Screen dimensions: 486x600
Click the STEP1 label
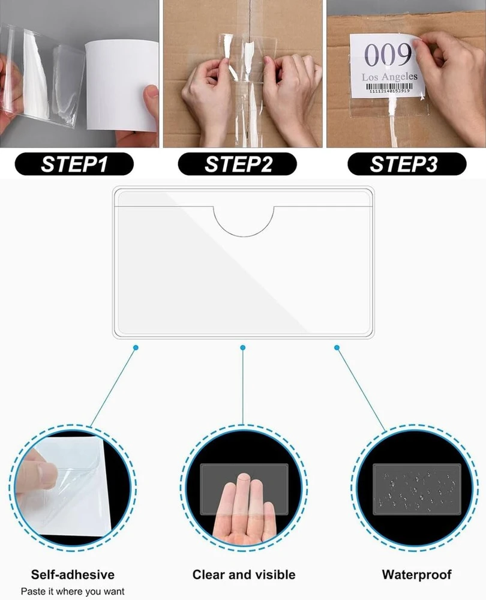[x=74, y=164]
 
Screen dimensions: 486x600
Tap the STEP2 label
[x=238, y=164]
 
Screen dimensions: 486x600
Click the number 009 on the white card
[x=387, y=55]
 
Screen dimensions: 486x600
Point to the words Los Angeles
[x=389, y=77]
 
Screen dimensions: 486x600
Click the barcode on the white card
[x=389, y=88]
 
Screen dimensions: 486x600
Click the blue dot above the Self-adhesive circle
[x=136, y=347]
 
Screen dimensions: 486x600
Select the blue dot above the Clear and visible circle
[x=242, y=347]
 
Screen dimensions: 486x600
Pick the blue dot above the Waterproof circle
[x=337, y=347]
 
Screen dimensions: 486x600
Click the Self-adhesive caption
[x=73, y=574]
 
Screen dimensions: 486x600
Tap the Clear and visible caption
[x=244, y=574]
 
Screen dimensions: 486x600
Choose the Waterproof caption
[x=416, y=574]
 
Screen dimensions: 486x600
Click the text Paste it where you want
[x=73, y=591]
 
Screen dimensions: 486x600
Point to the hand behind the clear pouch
[x=244, y=509]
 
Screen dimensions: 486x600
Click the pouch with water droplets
[x=417, y=490]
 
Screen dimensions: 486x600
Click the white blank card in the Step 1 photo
[x=122, y=85]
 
